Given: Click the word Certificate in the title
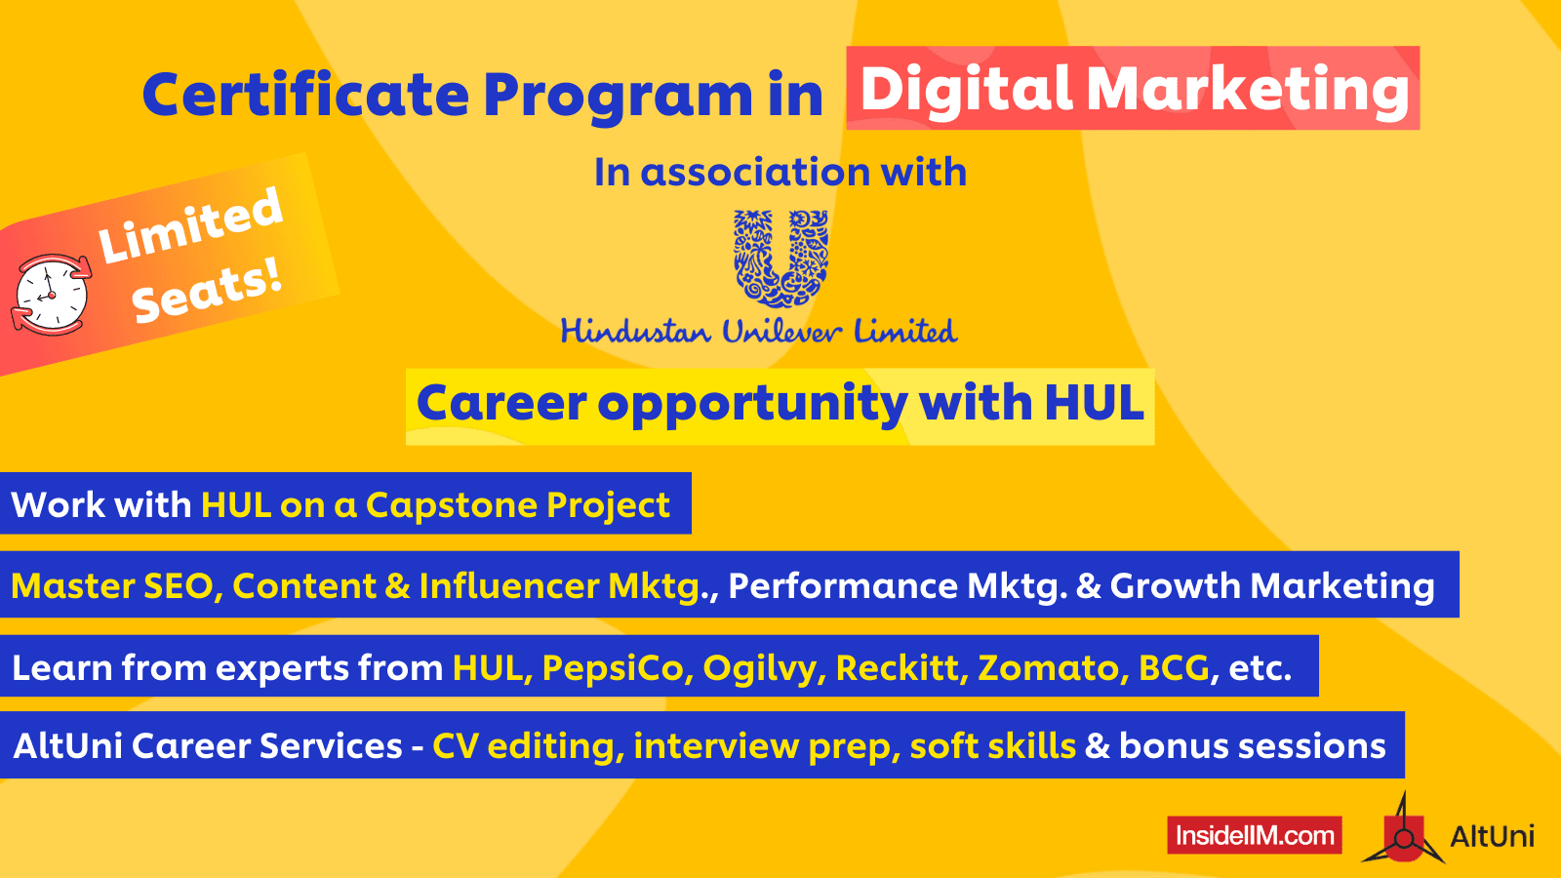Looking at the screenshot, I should tap(305, 96).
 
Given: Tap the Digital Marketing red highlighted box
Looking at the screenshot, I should tap(1133, 89).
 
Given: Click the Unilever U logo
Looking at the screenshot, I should tap(780, 259).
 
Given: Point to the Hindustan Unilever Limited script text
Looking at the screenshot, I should tap(759, 332).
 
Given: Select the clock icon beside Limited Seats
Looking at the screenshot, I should tap(51, 295).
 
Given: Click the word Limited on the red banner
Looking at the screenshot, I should tap(190, 225).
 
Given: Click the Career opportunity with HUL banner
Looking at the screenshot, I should tap(780, 405).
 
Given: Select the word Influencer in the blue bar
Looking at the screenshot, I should tap(508, 585).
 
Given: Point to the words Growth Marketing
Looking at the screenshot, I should tap(1272, 585).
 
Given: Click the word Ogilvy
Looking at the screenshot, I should tap(762, 668).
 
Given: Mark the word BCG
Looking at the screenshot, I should tap(1174, 668).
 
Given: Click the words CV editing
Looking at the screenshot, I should tap(523, 746).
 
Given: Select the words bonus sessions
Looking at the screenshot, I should tap(1252, 746).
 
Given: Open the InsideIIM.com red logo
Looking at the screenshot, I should tap(1254, 835).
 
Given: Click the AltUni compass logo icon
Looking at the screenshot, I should tap(1403, 831).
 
